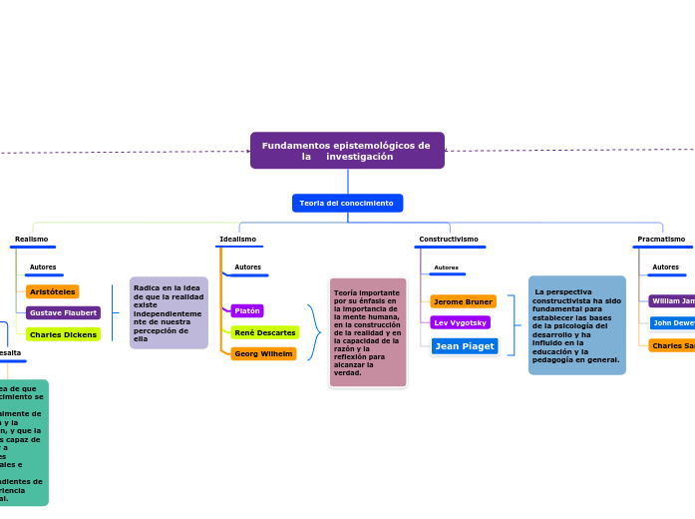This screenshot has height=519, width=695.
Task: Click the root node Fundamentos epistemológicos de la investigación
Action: point(347,151)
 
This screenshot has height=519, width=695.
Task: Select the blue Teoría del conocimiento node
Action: point(347,204)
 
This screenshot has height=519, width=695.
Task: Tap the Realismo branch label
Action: point(31,240)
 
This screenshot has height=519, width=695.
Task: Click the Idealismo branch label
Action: point(237,240)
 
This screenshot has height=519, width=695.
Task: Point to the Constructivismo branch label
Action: point(448,240)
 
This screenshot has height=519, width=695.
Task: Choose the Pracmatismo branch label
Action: point(661,240)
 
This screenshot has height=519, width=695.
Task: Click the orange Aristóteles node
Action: point(53,291)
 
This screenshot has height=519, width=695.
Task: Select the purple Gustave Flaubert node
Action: point(63,313)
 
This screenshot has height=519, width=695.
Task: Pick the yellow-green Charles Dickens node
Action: point(63,334)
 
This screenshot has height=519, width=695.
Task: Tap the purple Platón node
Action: point(247,310)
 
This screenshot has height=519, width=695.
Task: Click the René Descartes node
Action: point(265,332)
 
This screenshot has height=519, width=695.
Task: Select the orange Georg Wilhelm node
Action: point(263,353)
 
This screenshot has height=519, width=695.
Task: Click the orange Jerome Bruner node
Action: point(463,301)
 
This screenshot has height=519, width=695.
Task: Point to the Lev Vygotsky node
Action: point(460,322)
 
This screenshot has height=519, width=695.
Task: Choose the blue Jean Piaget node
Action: point(465,346)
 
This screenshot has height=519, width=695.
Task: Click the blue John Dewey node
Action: point(673,323)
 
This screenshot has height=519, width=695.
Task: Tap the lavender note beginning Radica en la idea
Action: point(169,312)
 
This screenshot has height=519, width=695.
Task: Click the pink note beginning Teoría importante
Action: point(368,332)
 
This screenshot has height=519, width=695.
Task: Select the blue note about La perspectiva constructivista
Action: point(576,325)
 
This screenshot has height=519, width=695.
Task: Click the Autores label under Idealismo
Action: point(247,267)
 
